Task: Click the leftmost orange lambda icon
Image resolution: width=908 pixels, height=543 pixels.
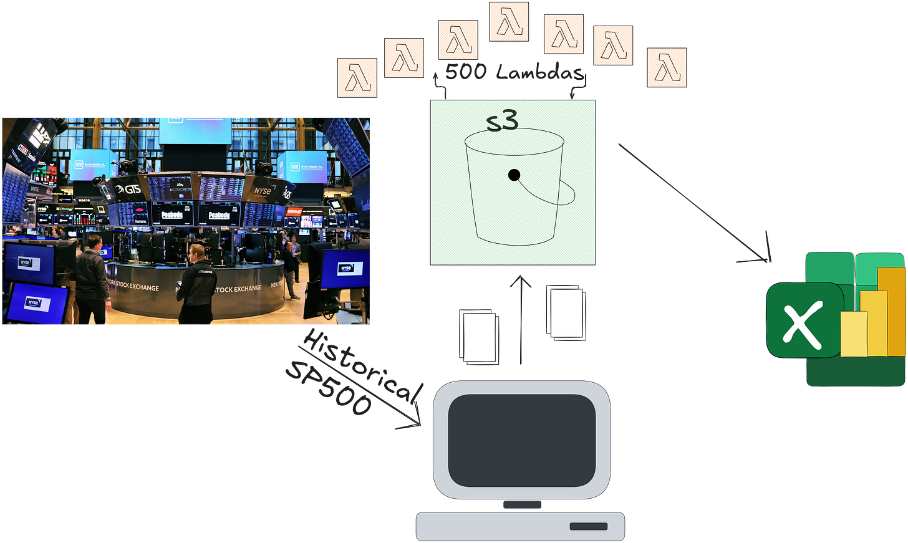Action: [x=357, y=77]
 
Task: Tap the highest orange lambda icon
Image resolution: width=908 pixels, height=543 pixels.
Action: [x=509, y=21]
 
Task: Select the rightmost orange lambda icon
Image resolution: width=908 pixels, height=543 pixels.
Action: [x=667, y=67]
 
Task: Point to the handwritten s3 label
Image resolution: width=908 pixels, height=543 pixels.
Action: [x=502, y=120]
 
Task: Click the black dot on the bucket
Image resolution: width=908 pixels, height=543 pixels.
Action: [x=514, y=175]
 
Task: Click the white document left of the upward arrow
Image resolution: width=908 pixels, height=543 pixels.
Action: [x=479, y=336]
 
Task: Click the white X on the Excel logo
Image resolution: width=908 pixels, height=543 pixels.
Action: [x=802, y=320]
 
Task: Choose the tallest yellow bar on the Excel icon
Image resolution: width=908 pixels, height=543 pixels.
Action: [x=892, y=311]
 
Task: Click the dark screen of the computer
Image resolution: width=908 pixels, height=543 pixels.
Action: [x=521, y=440]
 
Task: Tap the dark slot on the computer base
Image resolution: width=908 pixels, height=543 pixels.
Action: [x=588, y=527]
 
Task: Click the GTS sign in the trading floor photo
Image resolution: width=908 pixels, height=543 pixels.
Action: [x=128, y=188]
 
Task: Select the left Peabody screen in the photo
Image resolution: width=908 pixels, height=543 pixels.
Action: [x=172, y=214]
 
